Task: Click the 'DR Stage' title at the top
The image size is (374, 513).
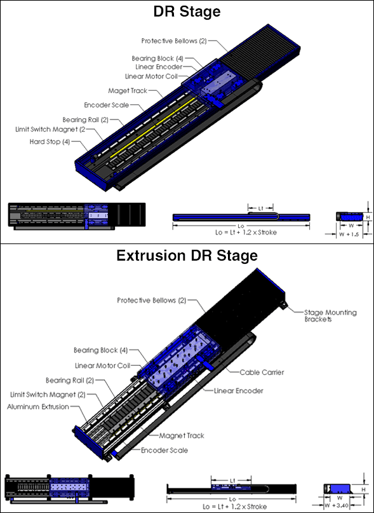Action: pyautogui.click(x=187, y=12)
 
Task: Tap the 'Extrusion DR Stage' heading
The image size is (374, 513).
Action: pyautogui.click(x=187, y=256)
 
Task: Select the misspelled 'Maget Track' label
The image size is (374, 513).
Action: pyautogui.click(x=128, y=91)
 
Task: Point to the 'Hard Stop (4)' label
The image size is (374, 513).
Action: pyautogui.click(x=50, y=142)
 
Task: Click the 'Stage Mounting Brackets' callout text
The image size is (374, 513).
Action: pyautogui.click(x=330, y=315)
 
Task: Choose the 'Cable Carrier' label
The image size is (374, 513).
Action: pyautogui.click(x=262, y=373)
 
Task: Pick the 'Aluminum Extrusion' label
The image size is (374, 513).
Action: pyautogui.click(x=38, y=407)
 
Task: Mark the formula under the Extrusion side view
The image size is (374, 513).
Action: pyautogui.click(x=235, y=507)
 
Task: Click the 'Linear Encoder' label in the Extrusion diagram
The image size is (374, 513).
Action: pyautogui.click(x=238, y=391)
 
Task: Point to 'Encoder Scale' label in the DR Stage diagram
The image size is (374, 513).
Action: pyautogui.click(x=107, y=105)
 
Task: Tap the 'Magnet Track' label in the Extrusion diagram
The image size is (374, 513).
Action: pyautogui.click(x=182, y=436)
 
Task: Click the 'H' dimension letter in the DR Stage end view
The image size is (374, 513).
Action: pyautogui.click(x=368, y=217)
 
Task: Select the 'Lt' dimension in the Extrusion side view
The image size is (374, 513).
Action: pyautogui.click(x=233, y=481)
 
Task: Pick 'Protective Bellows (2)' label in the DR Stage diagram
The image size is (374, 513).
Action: pyautogui.click(x=174, y=41)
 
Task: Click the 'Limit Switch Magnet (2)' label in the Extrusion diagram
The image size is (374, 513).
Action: pyautogui.click(x=48, y=395)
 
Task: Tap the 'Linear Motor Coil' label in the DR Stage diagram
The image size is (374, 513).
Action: pyautogui.click(x=151, y=76)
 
